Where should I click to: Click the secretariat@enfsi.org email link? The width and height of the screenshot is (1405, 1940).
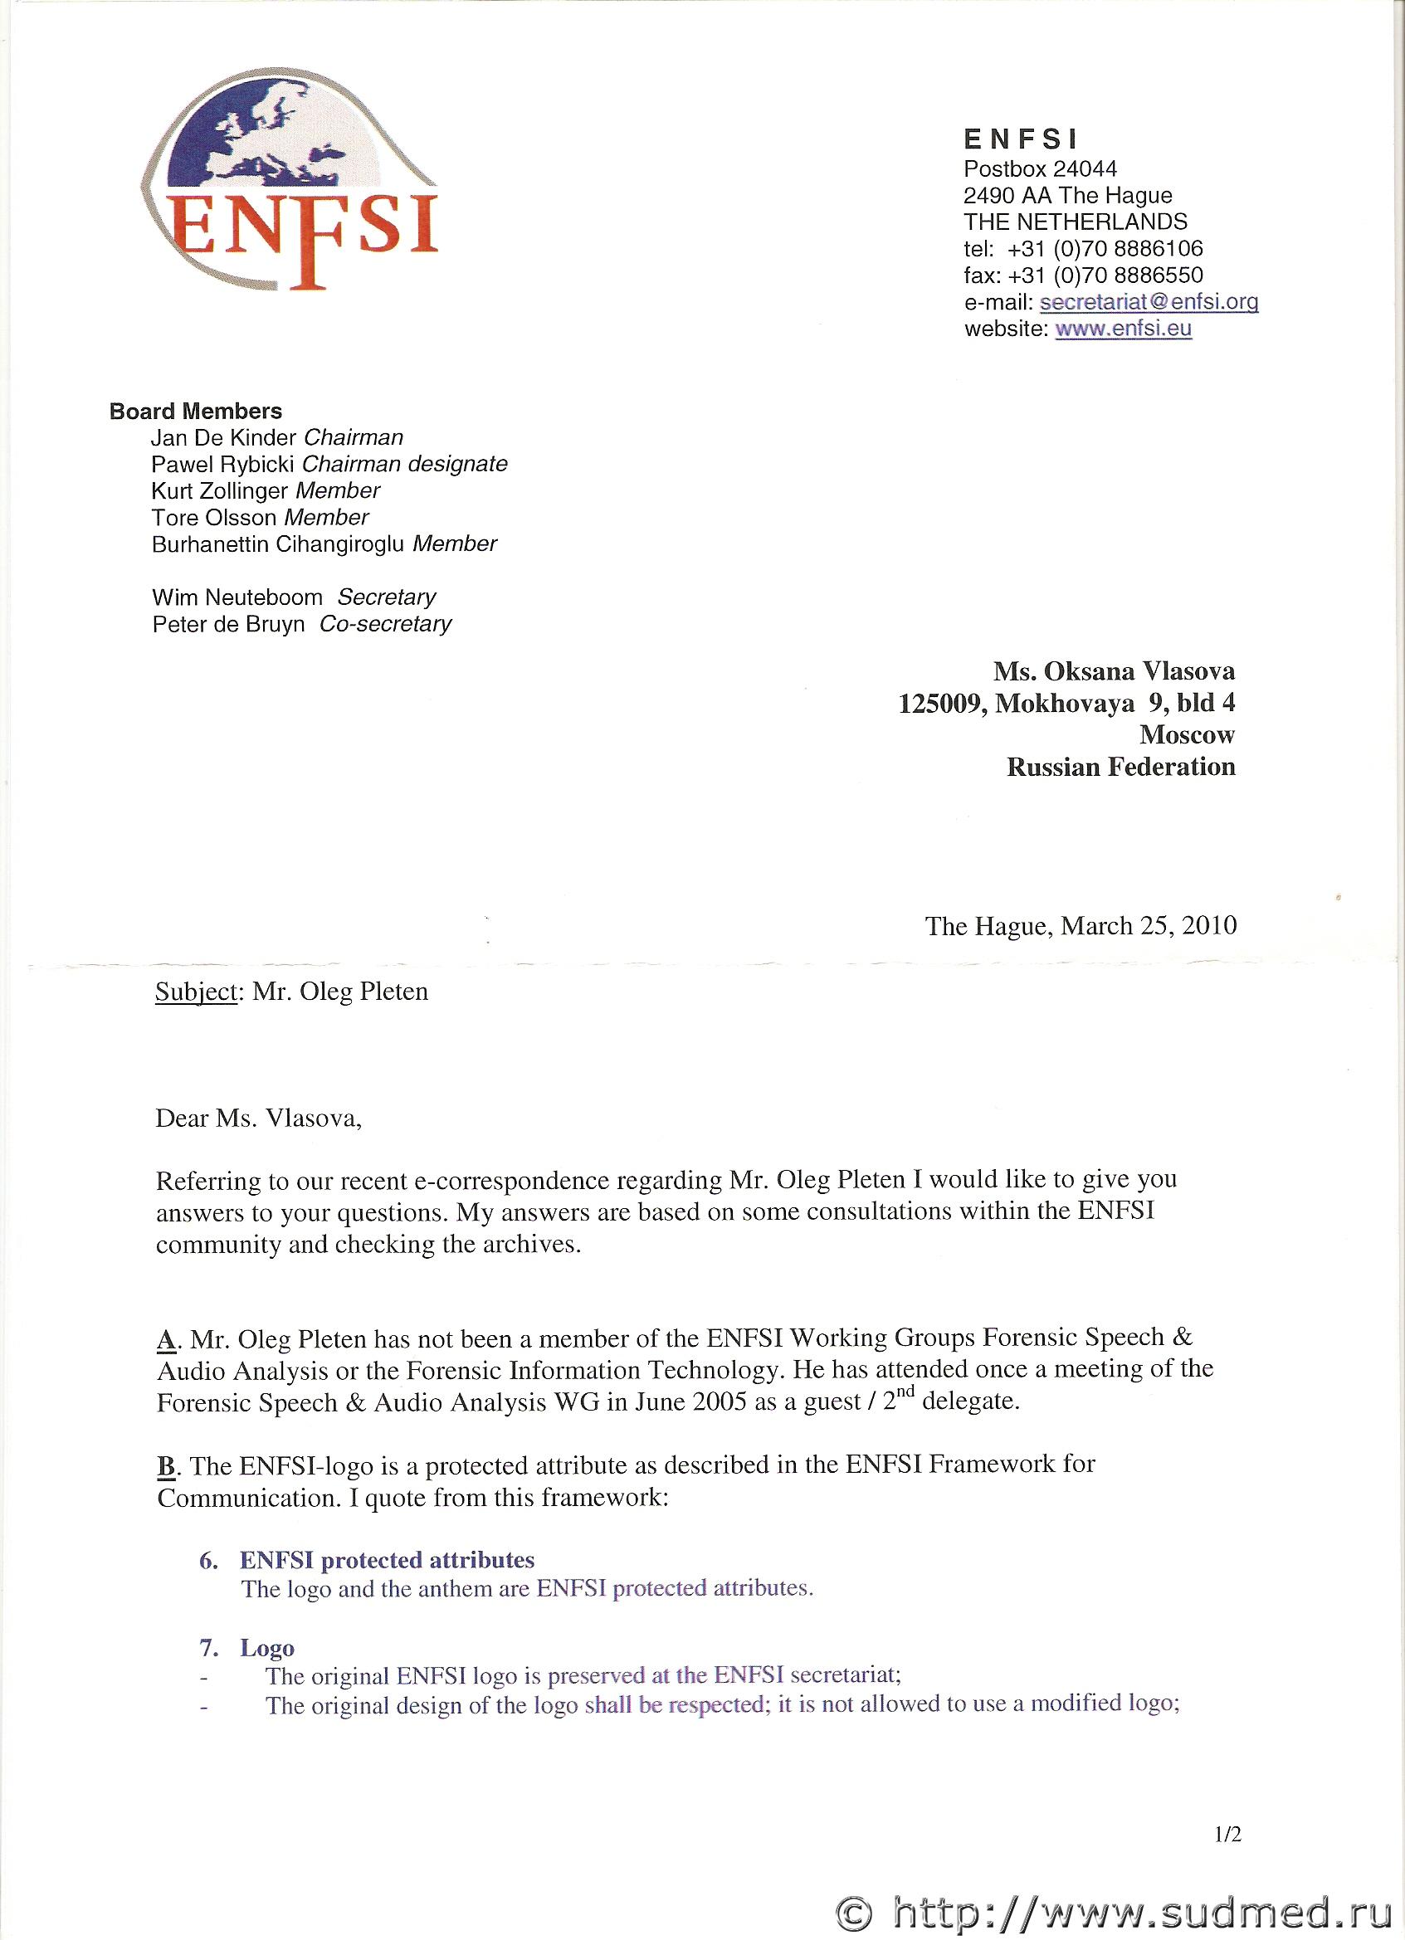(x=1149, y=302)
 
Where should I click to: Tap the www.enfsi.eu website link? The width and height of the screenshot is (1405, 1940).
(x=1123, y=329)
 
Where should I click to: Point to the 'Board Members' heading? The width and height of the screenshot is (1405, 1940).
(x=195, y=412)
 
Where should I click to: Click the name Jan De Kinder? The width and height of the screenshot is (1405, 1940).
(x=223, y=438)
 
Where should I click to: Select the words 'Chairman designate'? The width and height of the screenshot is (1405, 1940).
(x=405, y=465)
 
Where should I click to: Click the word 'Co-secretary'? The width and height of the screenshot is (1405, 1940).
(x=385, y=625)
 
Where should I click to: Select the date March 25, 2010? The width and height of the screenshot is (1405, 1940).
(x=1149, y=925)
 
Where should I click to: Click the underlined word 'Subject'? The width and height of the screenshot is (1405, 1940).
(x=195, y=992)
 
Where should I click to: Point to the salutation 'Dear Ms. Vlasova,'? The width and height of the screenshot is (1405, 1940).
(x=258, y=1119)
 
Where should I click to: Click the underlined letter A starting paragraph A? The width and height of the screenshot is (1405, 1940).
(x=166, y=1339)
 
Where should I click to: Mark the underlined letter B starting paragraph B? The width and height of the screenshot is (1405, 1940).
(x=166, y=1467)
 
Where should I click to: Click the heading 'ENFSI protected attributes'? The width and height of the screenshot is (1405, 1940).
(x=387, y=1559)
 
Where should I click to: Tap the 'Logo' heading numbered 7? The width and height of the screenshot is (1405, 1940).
(x=267, y=1647)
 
